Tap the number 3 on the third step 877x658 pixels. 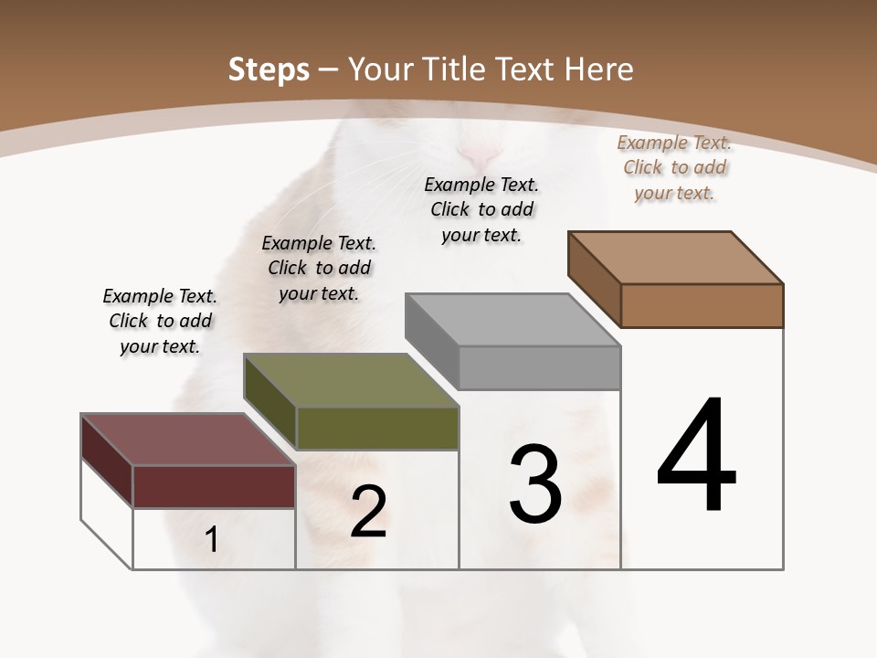coord(535,483)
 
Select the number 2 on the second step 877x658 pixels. coord(369,511)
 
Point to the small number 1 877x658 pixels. coord(212,539)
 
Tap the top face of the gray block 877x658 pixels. coord(512,320)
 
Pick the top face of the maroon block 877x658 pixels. coord(188,440)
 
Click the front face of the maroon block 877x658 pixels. coord(214,486)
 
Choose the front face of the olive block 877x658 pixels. coord(377,428)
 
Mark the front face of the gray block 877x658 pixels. coord(539,367)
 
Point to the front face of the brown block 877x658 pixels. coord(702,305)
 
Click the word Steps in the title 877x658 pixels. coord(269,69)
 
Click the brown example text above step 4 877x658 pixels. coord(674,167)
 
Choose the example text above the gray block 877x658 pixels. coord(481,209)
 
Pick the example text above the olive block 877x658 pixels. coord(319,268)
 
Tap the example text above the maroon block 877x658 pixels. coord(160,321)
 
